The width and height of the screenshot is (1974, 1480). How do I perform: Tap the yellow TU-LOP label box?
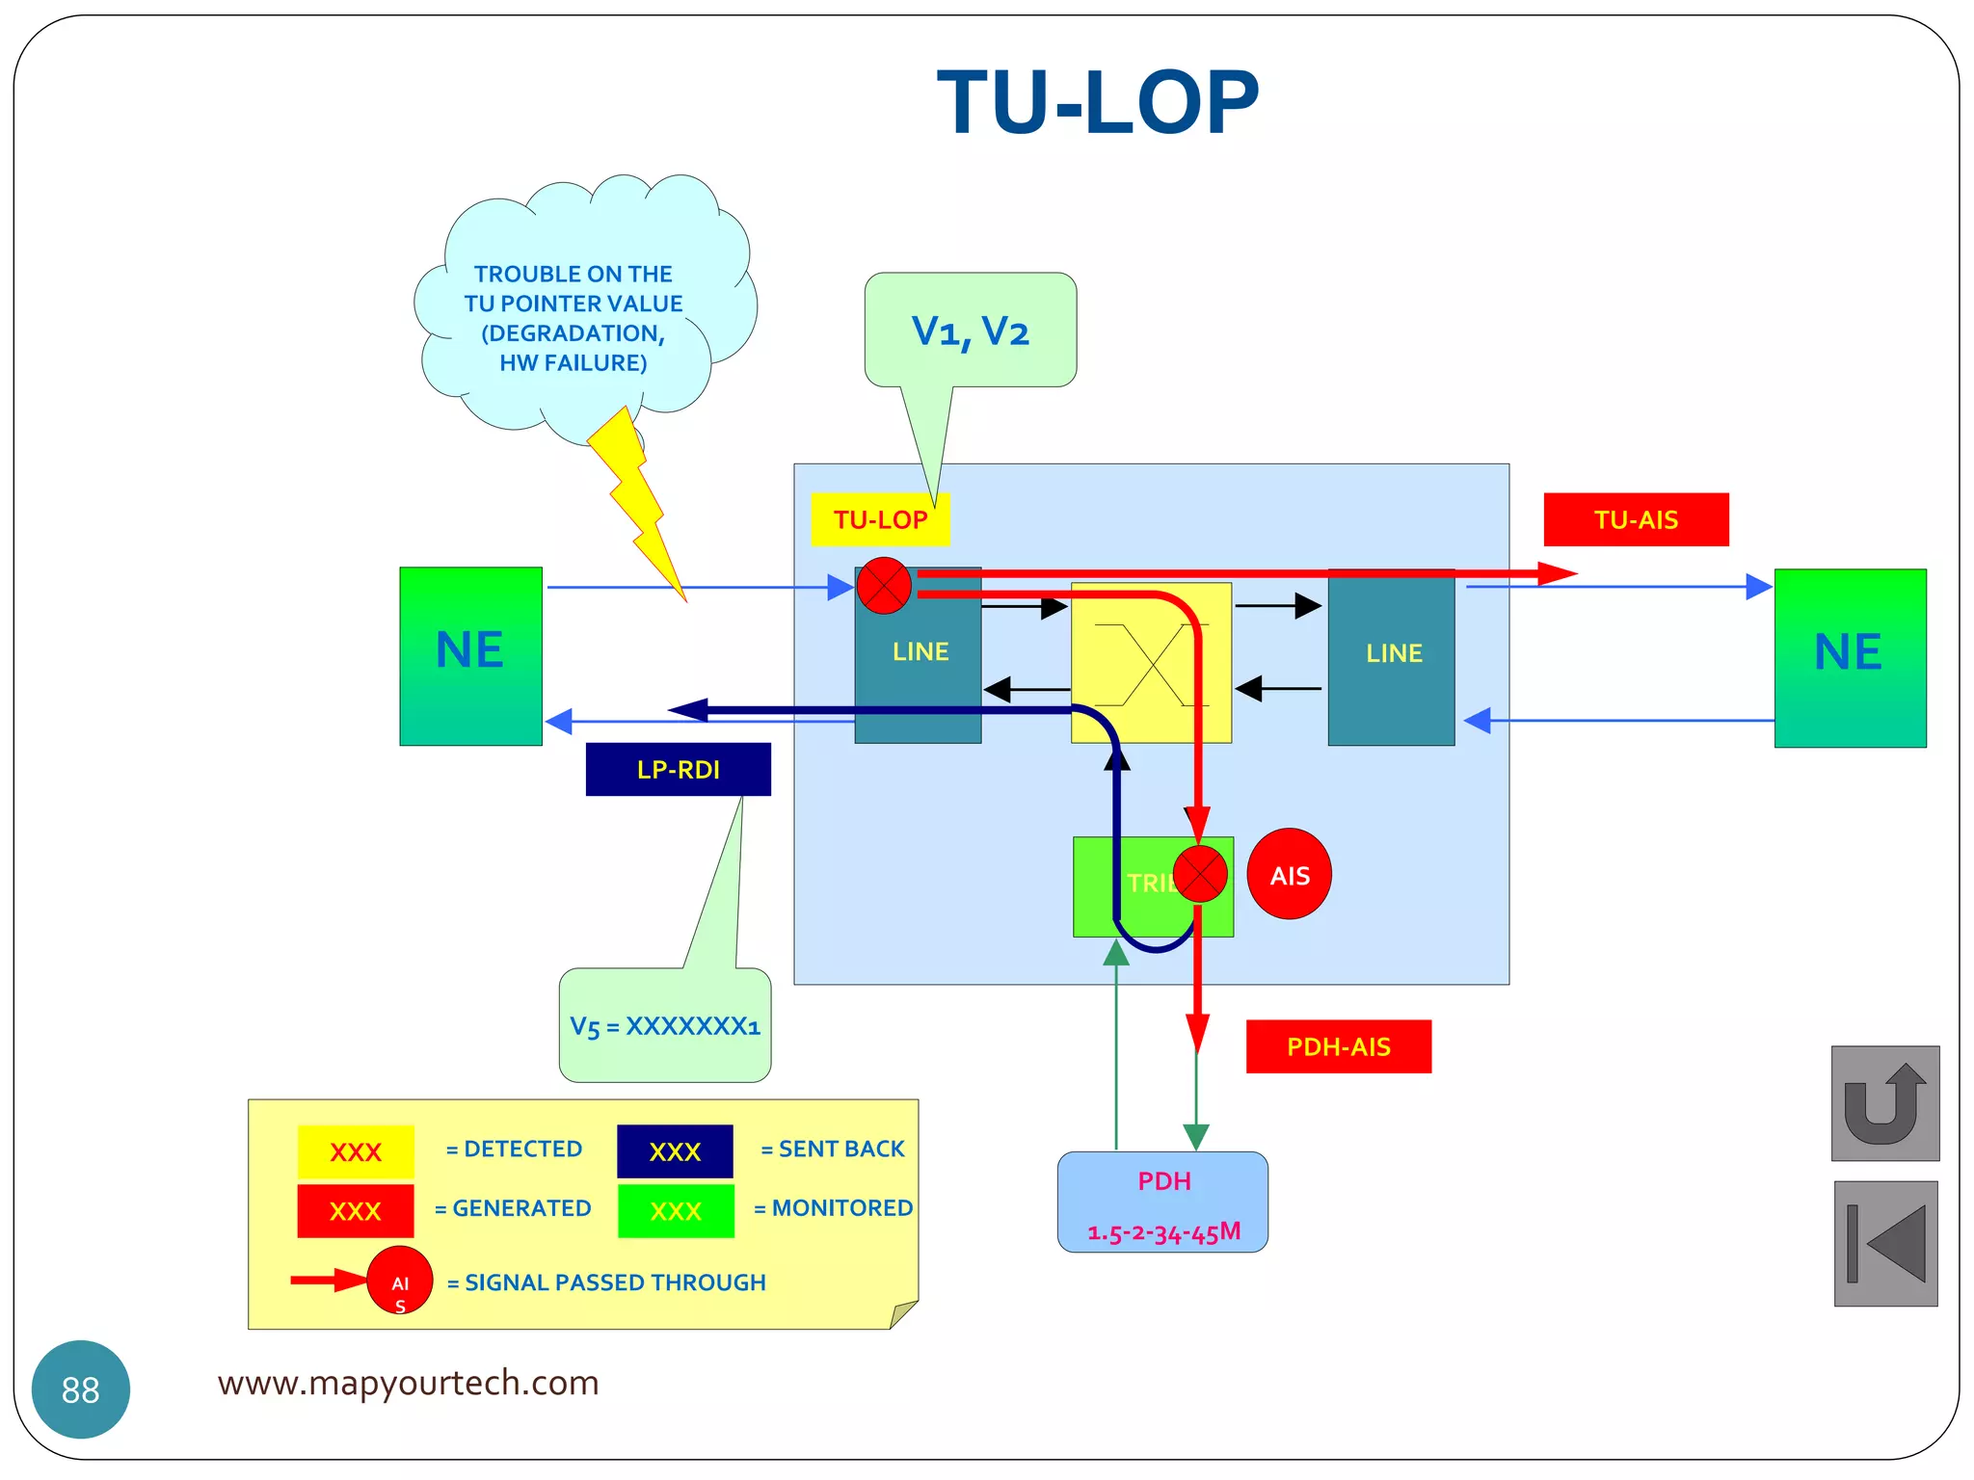pyautogui.click(x=879, y=519)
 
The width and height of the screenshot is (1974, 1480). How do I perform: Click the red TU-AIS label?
pyautogui.click(x=1636, y=519)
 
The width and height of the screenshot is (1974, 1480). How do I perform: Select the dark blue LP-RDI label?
pyautogui.click(x=678, y=769)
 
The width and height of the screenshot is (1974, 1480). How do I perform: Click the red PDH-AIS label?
pyautogui.click(x=1338, y=1046)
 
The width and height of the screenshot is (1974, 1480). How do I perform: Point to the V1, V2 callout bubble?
pyautogui.click(x=970, y=330)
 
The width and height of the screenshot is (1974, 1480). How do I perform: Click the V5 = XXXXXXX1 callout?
pyautogui.click(x=665, y=1025)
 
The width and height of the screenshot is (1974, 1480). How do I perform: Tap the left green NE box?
pyautogui.click(x=470, y=655)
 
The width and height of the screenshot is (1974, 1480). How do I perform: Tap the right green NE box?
pyautogui.click(x=1849, y=657)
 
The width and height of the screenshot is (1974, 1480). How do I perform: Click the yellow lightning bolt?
pyautogui.click(x=636, y=501)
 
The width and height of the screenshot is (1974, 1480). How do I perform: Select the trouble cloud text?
pyautogui.click(x=573, y=318)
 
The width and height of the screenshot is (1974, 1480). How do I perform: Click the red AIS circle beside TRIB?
pyautogui.click(x=1289, y=875)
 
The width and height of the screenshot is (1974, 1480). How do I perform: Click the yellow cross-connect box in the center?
pyautogui.click(x=1151, y=663)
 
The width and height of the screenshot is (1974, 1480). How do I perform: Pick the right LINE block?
pyautogui.click(x=1392, y=657)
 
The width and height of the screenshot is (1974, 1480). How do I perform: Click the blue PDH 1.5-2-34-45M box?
pyautogui.click(x=1162, y=1202)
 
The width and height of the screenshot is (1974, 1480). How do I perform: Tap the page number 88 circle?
pyautogui.click(x=81, y=1388)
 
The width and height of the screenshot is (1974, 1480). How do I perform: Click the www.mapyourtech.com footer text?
pyautogui.click(x=408, y=1383)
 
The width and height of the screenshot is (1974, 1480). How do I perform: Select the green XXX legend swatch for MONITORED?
pyautogui.click(x=676, y=1210)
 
